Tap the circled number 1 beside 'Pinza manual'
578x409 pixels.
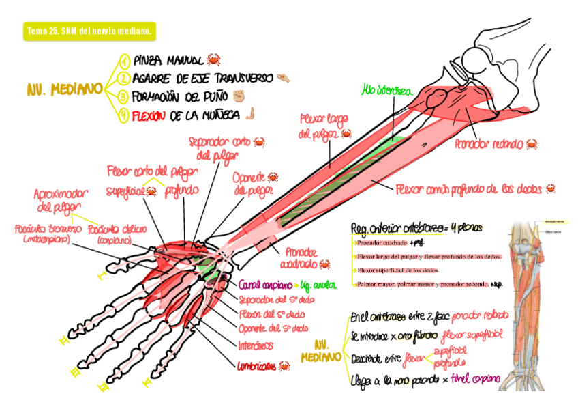coord(124,61)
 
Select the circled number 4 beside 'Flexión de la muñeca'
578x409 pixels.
coord(124,115)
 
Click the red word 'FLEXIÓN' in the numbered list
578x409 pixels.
coord(149,115)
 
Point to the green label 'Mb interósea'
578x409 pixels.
coord(386,89)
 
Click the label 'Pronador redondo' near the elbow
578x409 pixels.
coord(489,144)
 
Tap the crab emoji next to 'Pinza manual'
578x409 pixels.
coord(213,59)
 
